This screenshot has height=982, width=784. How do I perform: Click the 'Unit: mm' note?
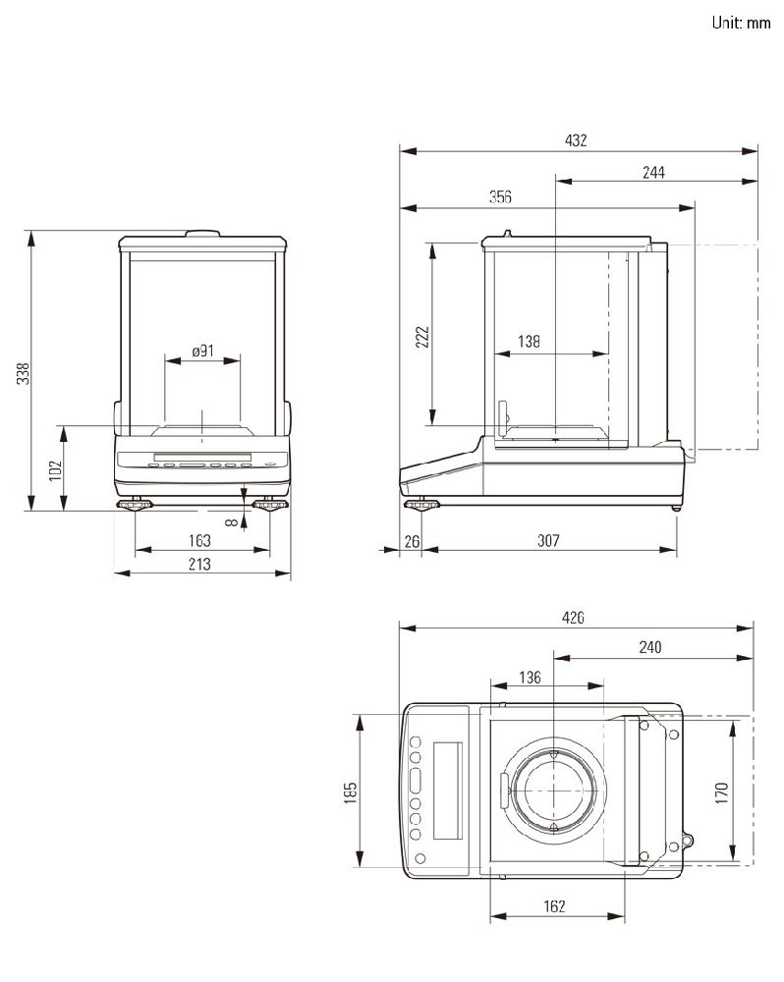pos(741,23)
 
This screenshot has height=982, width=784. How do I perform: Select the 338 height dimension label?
pos(24,374)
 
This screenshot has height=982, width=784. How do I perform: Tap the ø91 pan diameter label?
pos(202,351)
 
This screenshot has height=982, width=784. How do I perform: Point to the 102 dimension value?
pos(56,470)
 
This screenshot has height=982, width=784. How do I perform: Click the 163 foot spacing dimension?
pos(199,540)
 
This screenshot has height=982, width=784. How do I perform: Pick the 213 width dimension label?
pos(199,564)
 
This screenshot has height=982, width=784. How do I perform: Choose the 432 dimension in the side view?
pos(576,139)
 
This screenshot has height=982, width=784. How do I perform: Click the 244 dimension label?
pos(653,172)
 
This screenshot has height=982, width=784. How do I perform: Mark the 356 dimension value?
pos(501,196)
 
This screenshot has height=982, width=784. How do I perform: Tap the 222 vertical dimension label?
pos(423,337)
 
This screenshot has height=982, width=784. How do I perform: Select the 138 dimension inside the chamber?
pos(529,341)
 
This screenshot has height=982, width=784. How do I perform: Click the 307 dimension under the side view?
pos(548,540)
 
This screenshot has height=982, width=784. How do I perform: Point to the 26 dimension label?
pos(412,540)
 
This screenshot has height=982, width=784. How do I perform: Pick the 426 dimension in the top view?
pos(573,618)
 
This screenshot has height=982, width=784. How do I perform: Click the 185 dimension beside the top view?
pos(351,792)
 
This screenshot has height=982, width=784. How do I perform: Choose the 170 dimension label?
pos(721,792)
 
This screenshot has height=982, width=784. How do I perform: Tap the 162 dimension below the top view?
pos(555,905)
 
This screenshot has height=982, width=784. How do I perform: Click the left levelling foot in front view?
pos(135,504)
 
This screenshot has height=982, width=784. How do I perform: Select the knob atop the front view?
pos(202,234)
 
